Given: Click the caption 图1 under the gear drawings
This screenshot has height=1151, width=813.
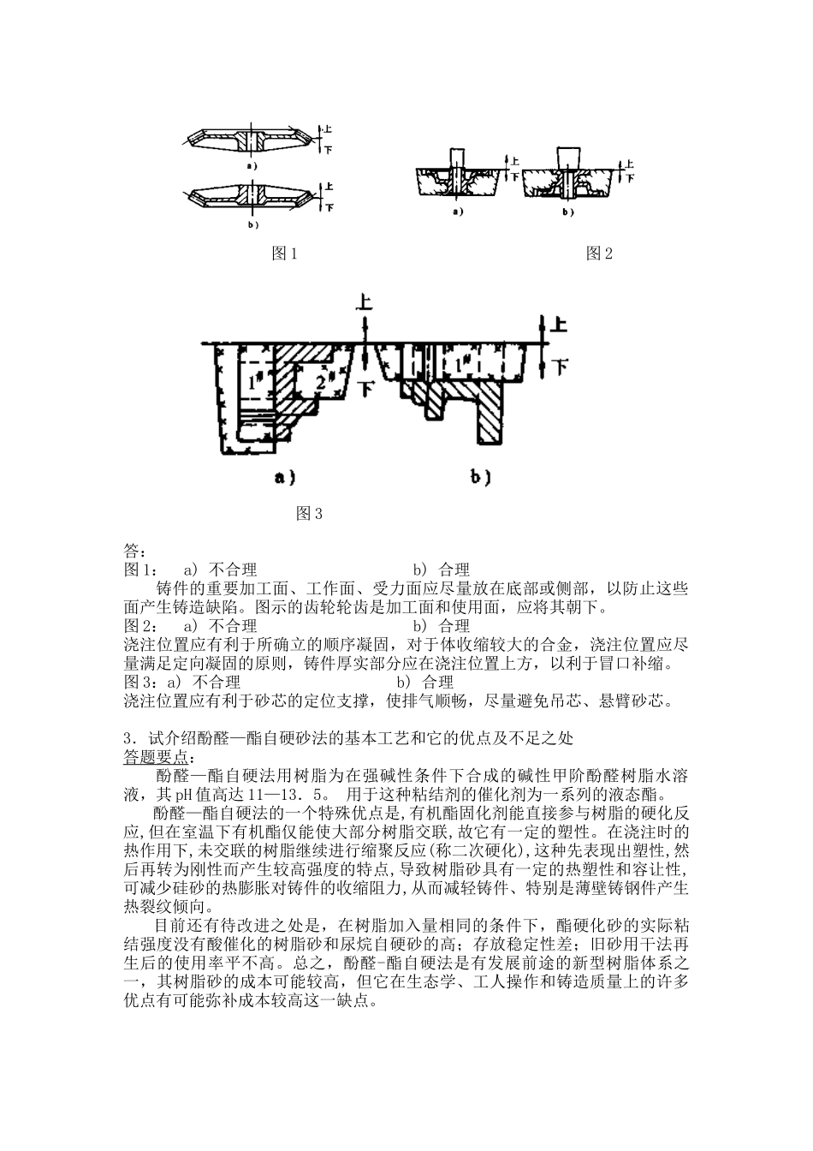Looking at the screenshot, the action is click(283, 253).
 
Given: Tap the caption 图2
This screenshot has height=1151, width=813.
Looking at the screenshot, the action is click(599, 253).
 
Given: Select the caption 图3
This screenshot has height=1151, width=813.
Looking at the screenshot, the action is click(308, 514).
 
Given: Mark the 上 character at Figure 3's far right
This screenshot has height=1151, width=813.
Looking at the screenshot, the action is click(560, 325).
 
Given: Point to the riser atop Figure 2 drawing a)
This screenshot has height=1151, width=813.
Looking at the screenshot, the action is click(456, 158).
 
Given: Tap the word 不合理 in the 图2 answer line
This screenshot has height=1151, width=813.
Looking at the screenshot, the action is click(234, 626).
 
